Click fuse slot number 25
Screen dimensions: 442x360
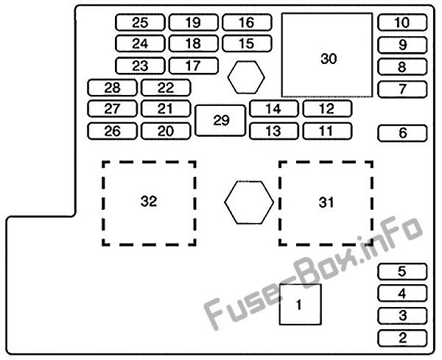tap(140, 22)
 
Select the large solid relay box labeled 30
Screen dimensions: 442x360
tap(327, 55)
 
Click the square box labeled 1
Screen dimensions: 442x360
tap(301, 304)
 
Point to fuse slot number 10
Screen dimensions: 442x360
tap(402, 22)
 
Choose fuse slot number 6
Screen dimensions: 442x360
tap(402, 133)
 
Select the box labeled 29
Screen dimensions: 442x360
tap(220, 121)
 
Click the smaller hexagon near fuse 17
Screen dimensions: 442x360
tap(246, 77)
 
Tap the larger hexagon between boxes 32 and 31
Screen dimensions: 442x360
tap(249, 202)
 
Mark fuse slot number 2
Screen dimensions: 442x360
tap(402, 338)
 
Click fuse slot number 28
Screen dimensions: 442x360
tap(112, 88)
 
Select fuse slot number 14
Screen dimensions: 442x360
tap(274, 109)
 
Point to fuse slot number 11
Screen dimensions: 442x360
tap(327, 131)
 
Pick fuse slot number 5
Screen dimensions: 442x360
tap(402, 272)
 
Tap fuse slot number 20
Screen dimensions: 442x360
tap(166, 131)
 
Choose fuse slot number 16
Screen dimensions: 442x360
tap(247, 22)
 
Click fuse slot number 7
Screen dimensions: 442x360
tap(402, 89)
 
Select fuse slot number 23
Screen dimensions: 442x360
tap(140, 66)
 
